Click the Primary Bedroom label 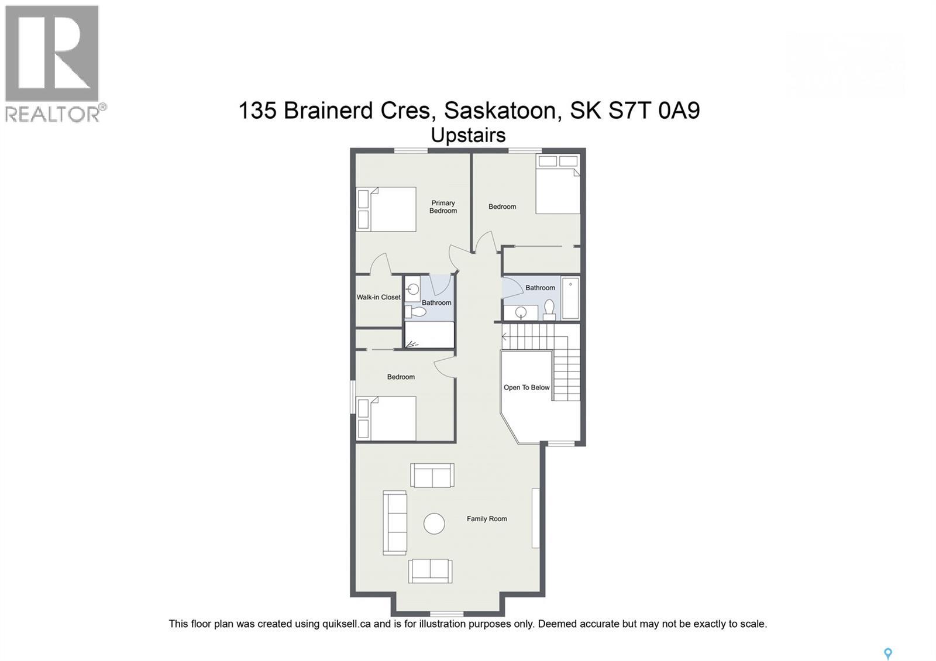point(443,207)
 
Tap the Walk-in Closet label point(378,297)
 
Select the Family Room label point(487,519)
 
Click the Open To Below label point(526,387)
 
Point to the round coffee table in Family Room point(434,524)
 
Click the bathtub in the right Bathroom point(570,298)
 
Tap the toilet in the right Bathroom point(549,309)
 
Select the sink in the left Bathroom point(412,290)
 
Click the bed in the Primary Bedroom point(386,209)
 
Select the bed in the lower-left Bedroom point(386,418)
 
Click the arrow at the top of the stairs point(504,337)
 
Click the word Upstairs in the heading point(468,135)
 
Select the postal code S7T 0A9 point(654,110)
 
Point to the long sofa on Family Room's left point(395,523)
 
